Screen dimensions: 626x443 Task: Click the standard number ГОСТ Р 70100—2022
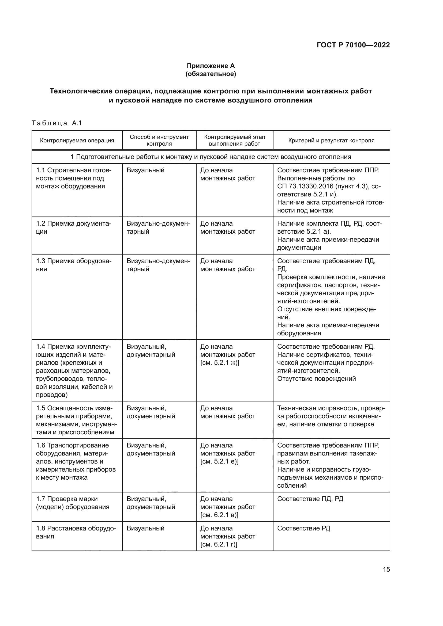pos(353,45)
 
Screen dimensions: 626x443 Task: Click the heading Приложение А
pos(211,66)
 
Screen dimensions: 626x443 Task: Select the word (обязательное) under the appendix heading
pos(211,74)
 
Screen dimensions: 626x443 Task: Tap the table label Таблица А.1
pos(57,123)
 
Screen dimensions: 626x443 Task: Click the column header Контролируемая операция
pos(77,141)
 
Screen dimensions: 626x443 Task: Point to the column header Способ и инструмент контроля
pos(159,140)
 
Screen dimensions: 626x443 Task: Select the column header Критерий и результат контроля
pos(331,141)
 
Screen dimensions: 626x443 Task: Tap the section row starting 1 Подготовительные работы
pos(211,157)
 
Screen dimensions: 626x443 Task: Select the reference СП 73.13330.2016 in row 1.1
pos(305,186)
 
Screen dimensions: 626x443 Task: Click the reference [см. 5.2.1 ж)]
pos(220,363)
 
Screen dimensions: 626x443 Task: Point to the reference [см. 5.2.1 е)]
pos(219,461)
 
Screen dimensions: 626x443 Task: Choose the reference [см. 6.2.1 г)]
pos(219,544)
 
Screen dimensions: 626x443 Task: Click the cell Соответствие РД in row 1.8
pos(303,528)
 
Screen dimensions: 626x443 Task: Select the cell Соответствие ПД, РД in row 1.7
pos(310,499)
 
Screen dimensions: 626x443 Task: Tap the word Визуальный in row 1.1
pos(145,170)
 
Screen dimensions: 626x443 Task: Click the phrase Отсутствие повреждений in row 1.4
pos(316,378)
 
